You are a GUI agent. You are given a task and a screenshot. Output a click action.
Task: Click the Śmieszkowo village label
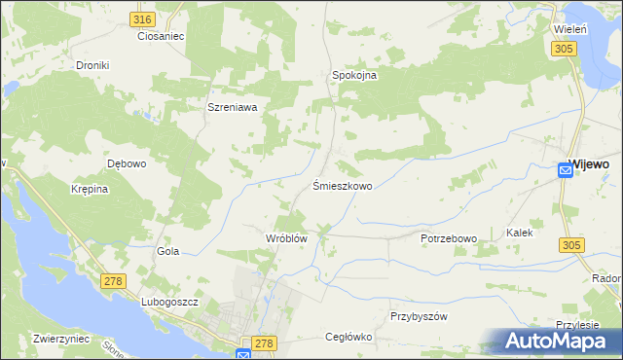(342, 185)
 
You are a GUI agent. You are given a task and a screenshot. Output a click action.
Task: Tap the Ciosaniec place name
(161, 36)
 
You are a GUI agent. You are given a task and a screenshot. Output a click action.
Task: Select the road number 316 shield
(143, 19)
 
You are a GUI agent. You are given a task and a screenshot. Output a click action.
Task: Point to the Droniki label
(94, 65)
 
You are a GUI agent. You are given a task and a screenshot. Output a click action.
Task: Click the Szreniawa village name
(232, 108)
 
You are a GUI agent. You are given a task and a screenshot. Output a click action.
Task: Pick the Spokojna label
(354, 74)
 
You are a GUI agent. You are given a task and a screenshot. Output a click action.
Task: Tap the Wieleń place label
(569, 30)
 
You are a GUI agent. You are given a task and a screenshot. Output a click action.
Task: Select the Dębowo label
(127, 163)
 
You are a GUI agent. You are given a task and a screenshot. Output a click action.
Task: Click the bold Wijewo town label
(589, 164)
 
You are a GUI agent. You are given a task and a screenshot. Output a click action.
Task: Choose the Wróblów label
(286, 237)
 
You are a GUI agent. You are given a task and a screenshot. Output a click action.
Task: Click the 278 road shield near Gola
(114, 281)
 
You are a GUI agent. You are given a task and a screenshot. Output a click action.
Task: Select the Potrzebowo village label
(448, 237)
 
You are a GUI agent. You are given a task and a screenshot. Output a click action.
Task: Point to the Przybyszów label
(418, 316)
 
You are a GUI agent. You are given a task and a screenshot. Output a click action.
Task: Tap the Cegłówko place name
(348, 337)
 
